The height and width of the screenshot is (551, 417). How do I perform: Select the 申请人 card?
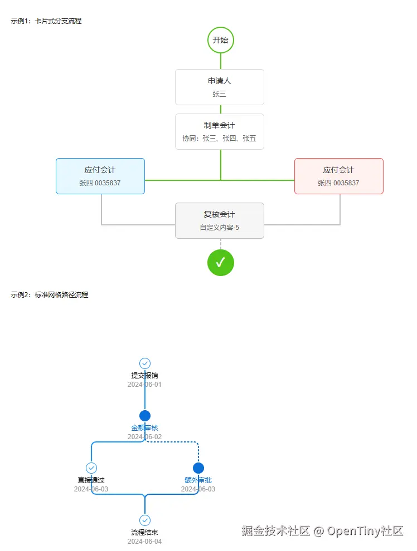220,87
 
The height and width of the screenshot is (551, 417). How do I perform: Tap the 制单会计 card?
220,131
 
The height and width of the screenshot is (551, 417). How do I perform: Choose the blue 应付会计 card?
100,176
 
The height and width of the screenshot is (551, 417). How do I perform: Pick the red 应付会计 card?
339,176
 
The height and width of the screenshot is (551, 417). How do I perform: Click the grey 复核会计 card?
220,221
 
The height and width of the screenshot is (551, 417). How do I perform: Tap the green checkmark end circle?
221,263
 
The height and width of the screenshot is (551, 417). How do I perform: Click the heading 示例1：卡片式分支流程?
46,21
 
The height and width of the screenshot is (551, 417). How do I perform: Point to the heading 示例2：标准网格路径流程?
49,295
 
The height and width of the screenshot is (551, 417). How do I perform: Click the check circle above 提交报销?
145,363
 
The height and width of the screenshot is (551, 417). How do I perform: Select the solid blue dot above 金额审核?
145,416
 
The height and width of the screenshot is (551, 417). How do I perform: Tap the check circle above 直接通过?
91,468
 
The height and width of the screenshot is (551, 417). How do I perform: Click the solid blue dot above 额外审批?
198,468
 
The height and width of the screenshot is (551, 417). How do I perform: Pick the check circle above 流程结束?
145,520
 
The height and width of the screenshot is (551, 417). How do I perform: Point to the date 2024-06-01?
144,385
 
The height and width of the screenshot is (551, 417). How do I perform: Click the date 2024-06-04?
144,542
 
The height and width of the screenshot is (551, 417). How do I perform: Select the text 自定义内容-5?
220,228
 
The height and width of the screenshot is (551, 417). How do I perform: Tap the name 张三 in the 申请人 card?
219,94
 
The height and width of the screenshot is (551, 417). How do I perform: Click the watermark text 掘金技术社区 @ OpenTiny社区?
322,530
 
